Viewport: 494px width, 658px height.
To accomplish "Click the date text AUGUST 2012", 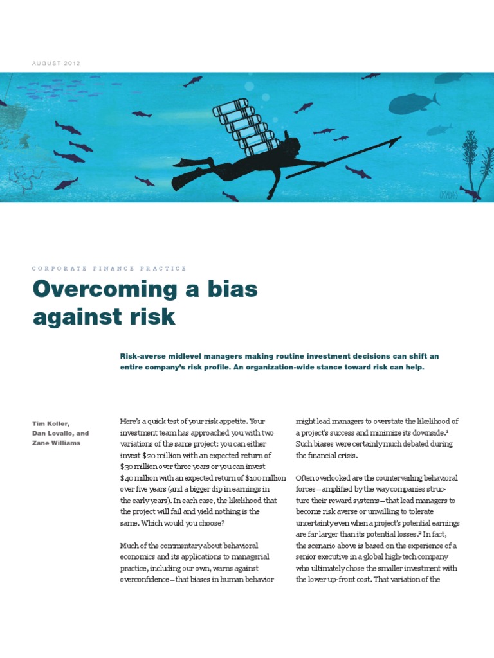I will [x=57, y=63].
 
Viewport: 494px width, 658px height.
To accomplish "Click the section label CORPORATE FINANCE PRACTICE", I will [x=109, y=269].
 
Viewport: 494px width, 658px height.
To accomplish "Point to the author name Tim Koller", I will [x=50, y=423].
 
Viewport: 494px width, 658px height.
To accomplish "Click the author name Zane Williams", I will [x=57, y=443].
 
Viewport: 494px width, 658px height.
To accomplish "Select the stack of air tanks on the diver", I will [x=247, y=126].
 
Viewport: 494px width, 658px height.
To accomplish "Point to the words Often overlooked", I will [x=320, y=478].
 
